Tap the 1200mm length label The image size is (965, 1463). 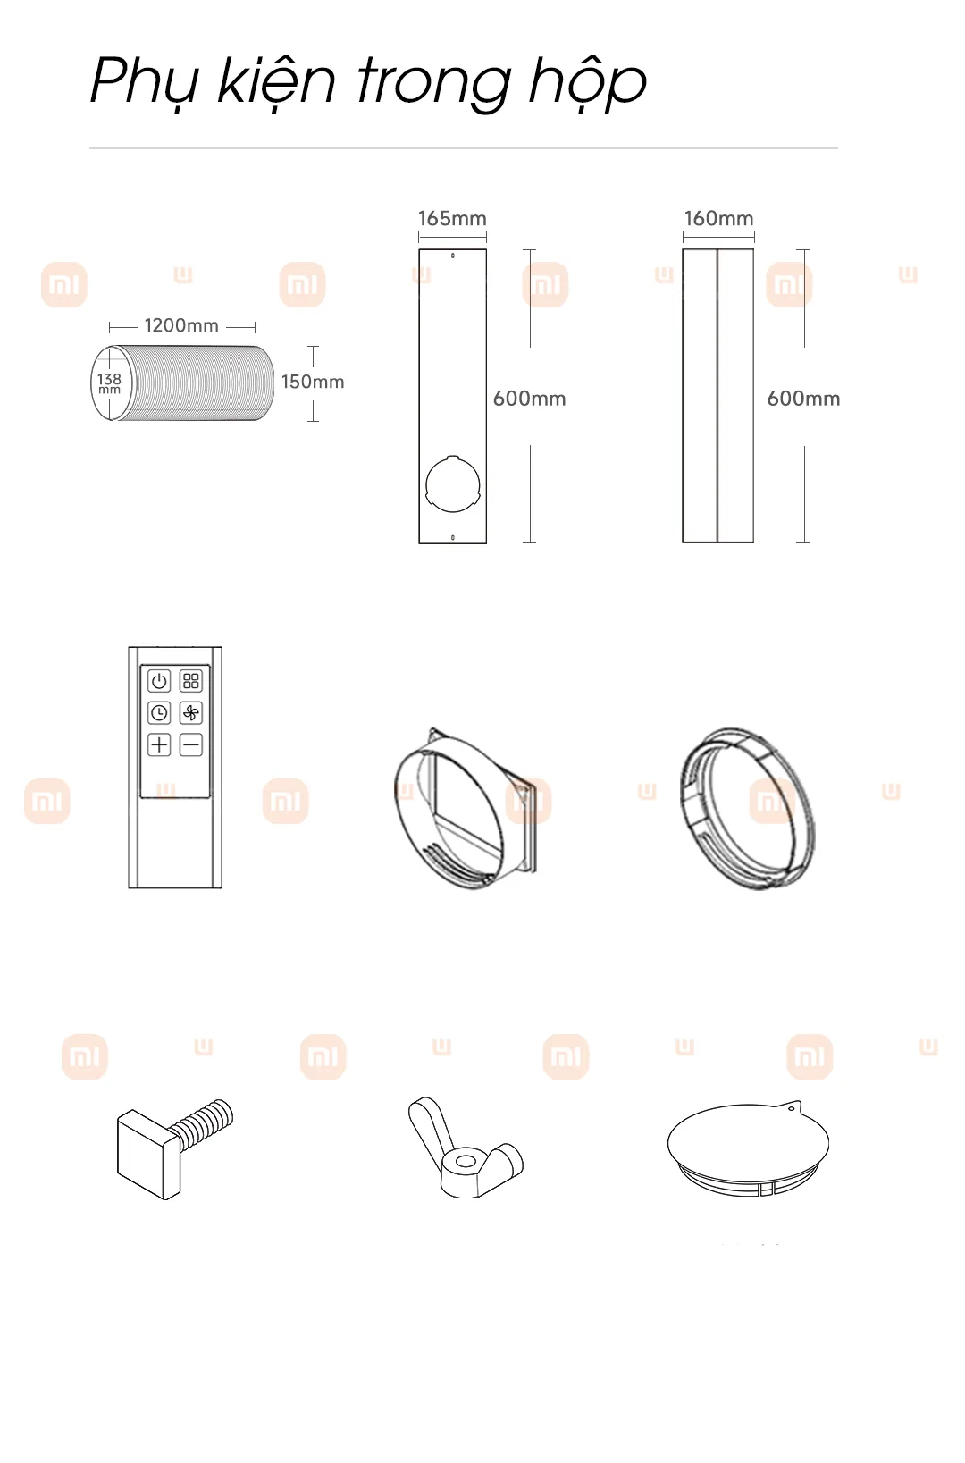coord(181,325)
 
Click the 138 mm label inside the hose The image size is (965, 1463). coord(109,383)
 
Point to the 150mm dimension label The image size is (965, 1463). coord(313,382)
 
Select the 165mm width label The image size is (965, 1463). coord(452,218)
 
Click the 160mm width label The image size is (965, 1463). coord(719,218)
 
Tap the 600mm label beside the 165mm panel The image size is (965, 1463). coord(530,399)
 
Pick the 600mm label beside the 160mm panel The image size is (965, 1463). coord(804,399)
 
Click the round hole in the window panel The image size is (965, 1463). coord(452,484)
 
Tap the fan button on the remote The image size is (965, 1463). coord(190,712)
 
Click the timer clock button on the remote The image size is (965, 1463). coord(159,712)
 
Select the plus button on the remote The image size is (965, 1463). coord(159,744)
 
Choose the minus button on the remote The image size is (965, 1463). coord(190,744)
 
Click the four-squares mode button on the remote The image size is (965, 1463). coord(190,681)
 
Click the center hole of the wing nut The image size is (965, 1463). coord(465,1162)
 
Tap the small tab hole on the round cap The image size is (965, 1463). coord(792,1108)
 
